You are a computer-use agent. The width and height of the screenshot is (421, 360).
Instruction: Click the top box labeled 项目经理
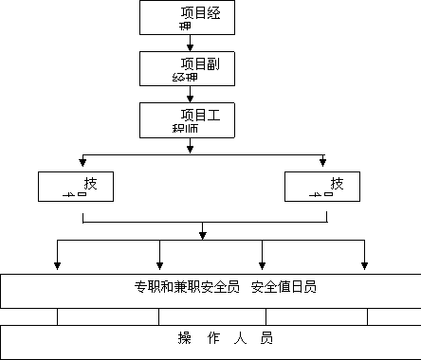click(187, 18)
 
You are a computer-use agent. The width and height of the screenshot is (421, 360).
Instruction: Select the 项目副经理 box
click(187, 68)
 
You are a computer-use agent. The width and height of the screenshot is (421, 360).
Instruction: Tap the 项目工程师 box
click(187, 119)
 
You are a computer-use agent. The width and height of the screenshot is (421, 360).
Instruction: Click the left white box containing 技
click(76, 187)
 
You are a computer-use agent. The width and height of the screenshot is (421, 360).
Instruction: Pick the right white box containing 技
click(322, 187)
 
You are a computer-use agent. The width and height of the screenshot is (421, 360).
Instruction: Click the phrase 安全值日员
click(284, 287)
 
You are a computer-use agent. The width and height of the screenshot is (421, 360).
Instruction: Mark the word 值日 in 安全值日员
click(291, 287)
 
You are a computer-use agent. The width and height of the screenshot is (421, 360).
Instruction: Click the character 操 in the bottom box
click(185, 338)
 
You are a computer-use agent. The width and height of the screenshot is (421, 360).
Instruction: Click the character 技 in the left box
click(90, 183)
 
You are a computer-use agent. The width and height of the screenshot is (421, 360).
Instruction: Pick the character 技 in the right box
click(337, 183)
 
